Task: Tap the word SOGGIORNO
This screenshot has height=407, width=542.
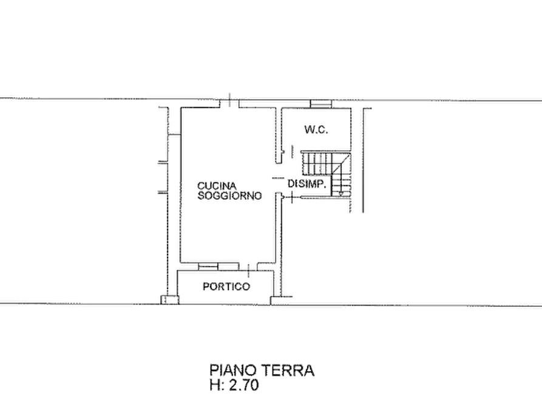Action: coord(229,196)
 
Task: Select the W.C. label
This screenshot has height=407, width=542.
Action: coord(316,130)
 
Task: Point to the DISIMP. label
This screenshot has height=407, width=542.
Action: coord(307,184)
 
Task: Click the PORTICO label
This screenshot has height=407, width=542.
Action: coord(226,287)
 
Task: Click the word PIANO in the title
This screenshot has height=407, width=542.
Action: coord(233,371)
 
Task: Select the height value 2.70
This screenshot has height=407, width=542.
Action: coord(244,385)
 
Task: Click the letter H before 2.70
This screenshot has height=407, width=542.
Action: coord(214,385)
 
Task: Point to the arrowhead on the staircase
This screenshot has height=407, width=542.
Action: coord(341,193)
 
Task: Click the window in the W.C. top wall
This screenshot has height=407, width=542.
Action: coord(321,104)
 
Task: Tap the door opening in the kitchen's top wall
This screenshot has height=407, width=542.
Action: coord(230,103)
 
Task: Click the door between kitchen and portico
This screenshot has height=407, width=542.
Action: coord(249,267)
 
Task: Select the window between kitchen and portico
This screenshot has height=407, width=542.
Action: coord(218,266)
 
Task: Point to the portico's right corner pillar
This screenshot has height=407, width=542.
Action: coord(276,300)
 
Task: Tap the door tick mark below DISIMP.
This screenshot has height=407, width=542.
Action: coord(292,198)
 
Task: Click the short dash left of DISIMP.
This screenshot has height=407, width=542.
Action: coord(277,178)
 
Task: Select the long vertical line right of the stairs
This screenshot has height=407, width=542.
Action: coord(364,160)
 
